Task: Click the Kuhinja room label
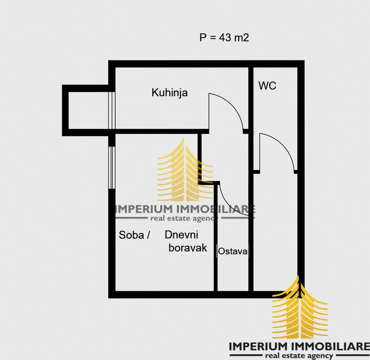(x=170, y=93)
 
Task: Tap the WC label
(x=267, y=85)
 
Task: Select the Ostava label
(x=233, y=251)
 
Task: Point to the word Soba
(x=131, y=235)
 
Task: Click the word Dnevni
(x=181, y=234)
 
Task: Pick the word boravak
(x=188, y=248)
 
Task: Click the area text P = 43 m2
(x=224, y=37)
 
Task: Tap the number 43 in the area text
(x=225, y=37)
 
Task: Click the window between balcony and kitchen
(x=111, y=110)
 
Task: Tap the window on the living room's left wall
(x=111, y=167)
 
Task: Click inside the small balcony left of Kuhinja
(x=88, y=110)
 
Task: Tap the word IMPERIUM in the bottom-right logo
(x=259, y=347)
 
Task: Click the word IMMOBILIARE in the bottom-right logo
(x=330, y=347)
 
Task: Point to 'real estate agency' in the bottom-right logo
(x=299, y=355)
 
